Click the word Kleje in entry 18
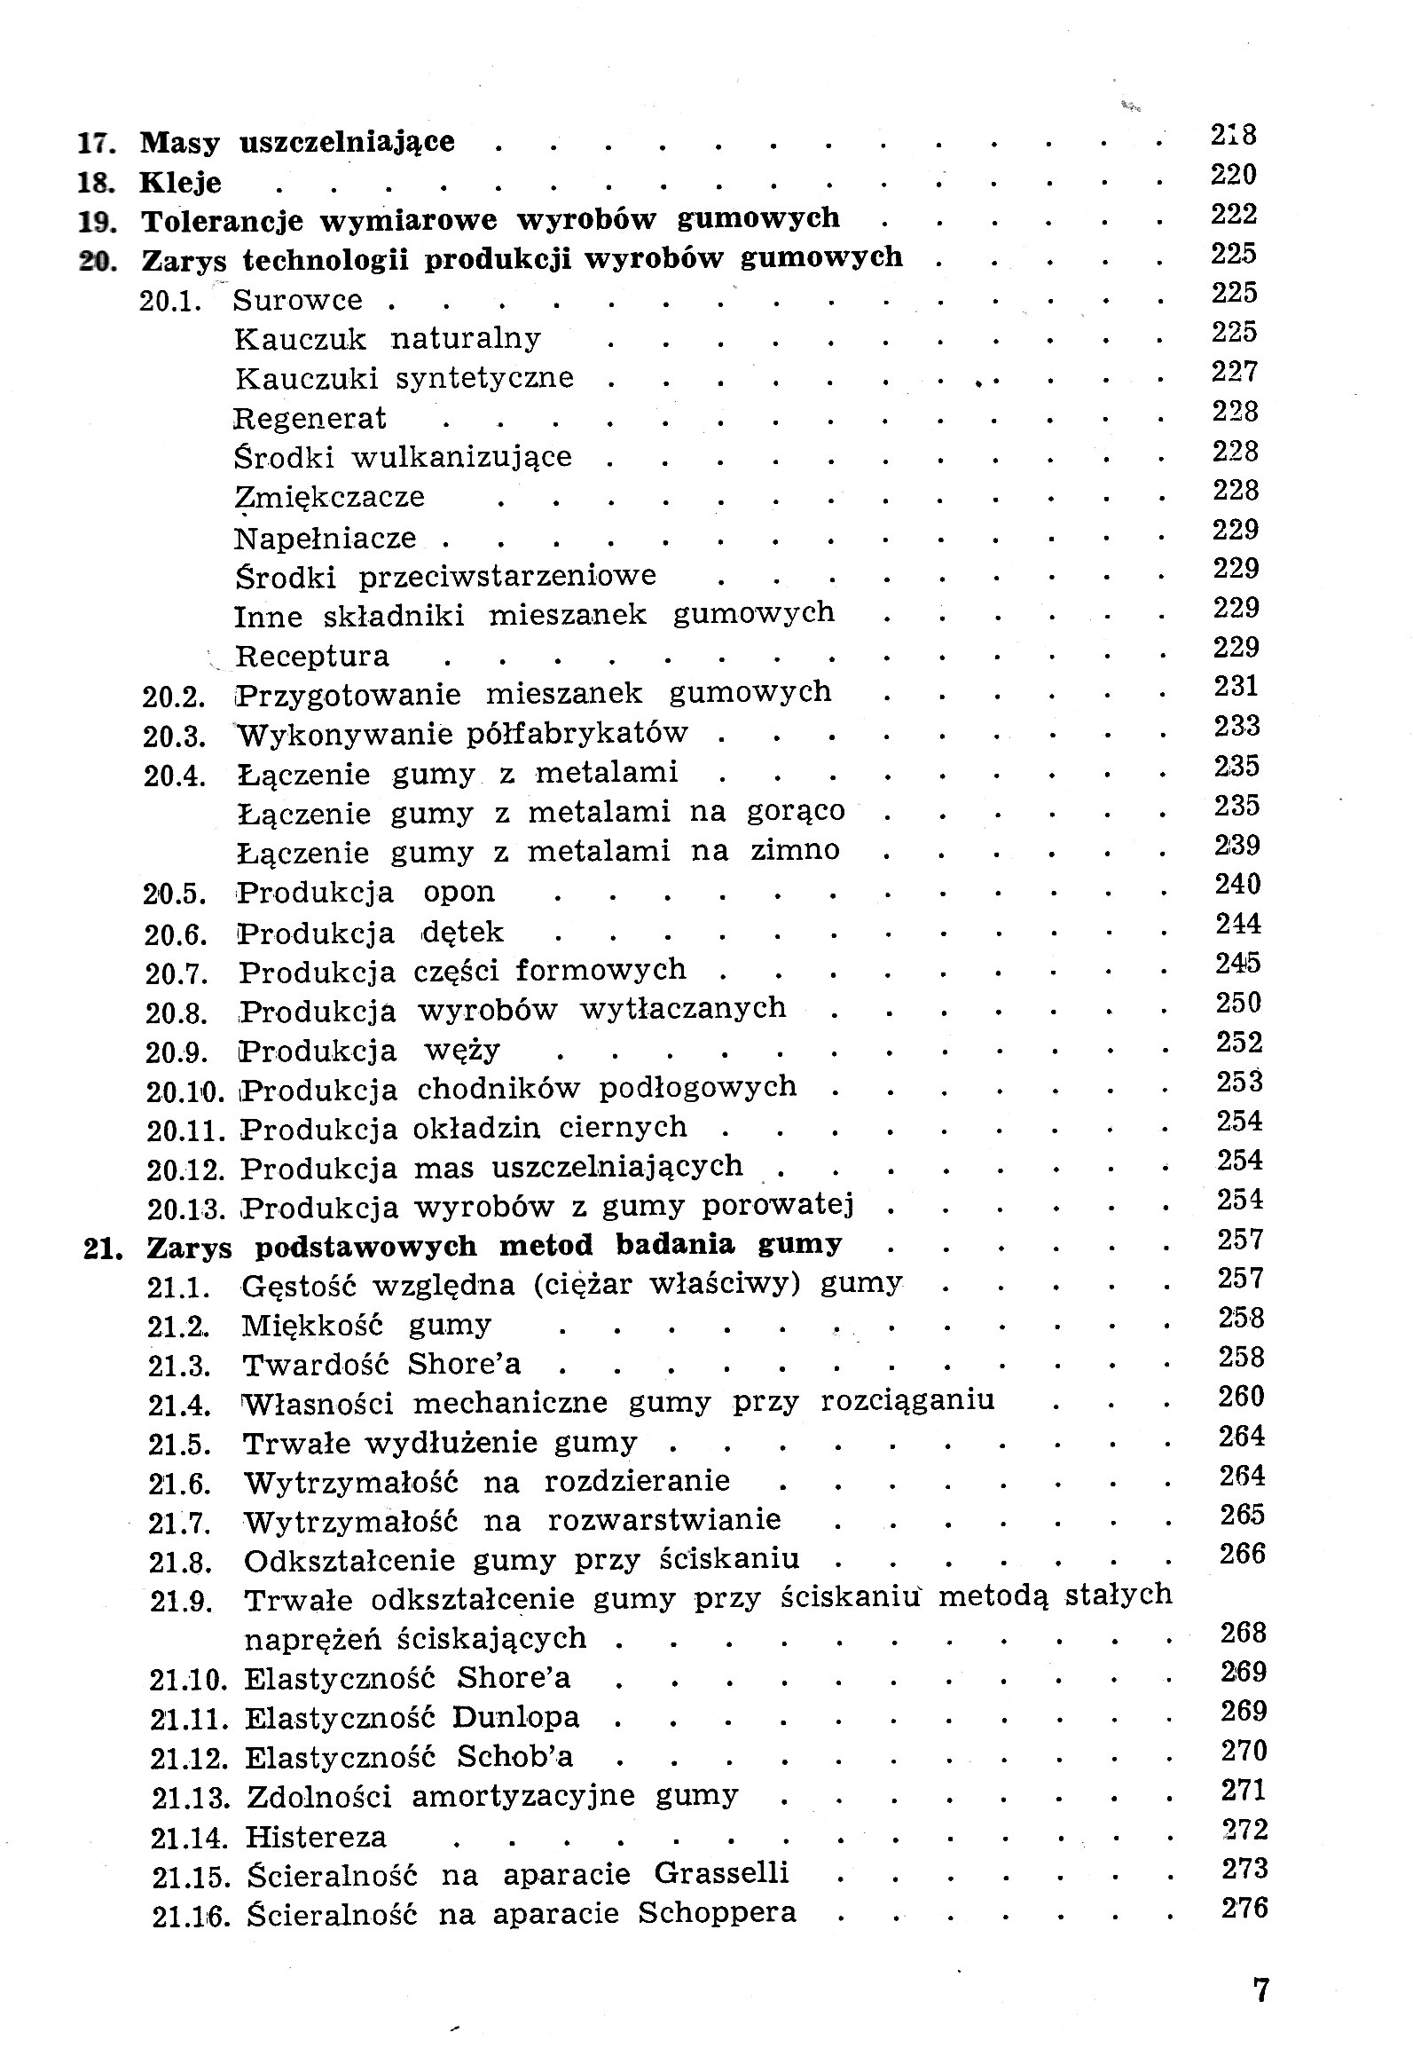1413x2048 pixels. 180,183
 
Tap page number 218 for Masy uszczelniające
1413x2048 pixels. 1234,135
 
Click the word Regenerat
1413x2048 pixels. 310,418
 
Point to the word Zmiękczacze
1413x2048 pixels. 330,497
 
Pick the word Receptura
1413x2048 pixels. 312,657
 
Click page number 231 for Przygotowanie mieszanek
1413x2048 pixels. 1236,686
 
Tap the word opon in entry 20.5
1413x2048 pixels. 459,892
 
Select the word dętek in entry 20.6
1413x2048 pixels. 462,933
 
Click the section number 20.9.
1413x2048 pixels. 177,1053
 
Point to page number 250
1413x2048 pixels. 1238,1003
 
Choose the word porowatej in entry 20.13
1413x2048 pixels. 777,1206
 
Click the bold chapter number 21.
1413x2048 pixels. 101,1248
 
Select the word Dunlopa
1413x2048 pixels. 515,1717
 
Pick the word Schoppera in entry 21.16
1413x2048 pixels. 717,1912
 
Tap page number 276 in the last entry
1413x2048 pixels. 1244,1908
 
